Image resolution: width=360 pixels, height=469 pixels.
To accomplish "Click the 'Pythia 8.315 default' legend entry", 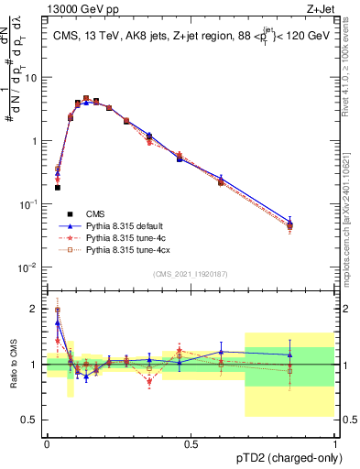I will click(x=127, y=224).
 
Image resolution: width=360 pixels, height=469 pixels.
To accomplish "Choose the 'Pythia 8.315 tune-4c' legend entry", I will click(x=127, y=236).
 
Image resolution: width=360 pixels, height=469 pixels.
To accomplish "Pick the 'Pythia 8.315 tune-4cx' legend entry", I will click(x=129, y=248).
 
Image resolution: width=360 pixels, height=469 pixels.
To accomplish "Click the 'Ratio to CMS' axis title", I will click(x=12, y=365).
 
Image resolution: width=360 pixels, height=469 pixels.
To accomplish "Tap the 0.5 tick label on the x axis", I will click(x=191, y=443).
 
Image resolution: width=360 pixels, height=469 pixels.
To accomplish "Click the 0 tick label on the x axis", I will click(x=47, y=443).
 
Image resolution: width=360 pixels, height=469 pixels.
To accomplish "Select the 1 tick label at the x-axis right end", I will click(x=335, y=443).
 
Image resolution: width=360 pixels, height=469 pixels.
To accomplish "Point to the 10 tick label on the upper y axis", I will click(x=32, y=77).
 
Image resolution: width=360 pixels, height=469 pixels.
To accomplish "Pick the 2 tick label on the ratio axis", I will click(x=36, y=309).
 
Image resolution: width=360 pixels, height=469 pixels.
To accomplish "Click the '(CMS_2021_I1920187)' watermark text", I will click(x=191, y=274).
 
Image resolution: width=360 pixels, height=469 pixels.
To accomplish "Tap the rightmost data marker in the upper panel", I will click(x=289, y=225).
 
